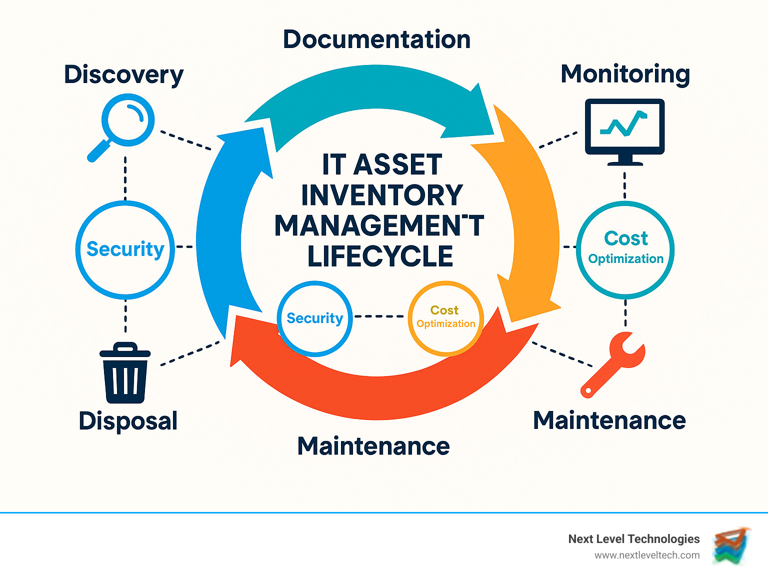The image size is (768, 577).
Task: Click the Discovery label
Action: (x=123, y=75)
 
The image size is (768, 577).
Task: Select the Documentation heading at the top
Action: (x=376, y=39)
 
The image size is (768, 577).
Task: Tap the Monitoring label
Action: (x=625, y=74)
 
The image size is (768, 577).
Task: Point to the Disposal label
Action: (x=128, y=420)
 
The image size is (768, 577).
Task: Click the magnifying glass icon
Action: (x=123, y=127)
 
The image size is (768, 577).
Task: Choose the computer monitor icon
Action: (x=624, y=131)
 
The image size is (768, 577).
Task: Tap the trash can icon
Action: (x=125, y=373)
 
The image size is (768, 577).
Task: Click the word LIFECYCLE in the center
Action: (x=380, y=256)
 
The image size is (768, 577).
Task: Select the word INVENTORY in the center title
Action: (x=382, y=195)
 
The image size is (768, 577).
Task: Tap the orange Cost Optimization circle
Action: (x=445, y=318)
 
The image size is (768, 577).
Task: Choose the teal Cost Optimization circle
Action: (x=625, y=250)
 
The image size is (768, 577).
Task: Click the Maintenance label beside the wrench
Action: (x=609, y=420)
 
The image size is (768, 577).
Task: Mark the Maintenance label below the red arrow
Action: (x=373, y=446)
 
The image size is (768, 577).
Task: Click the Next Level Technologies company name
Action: (x=633, y=538)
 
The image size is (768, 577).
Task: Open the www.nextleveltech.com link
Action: (x=646, y=555)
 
